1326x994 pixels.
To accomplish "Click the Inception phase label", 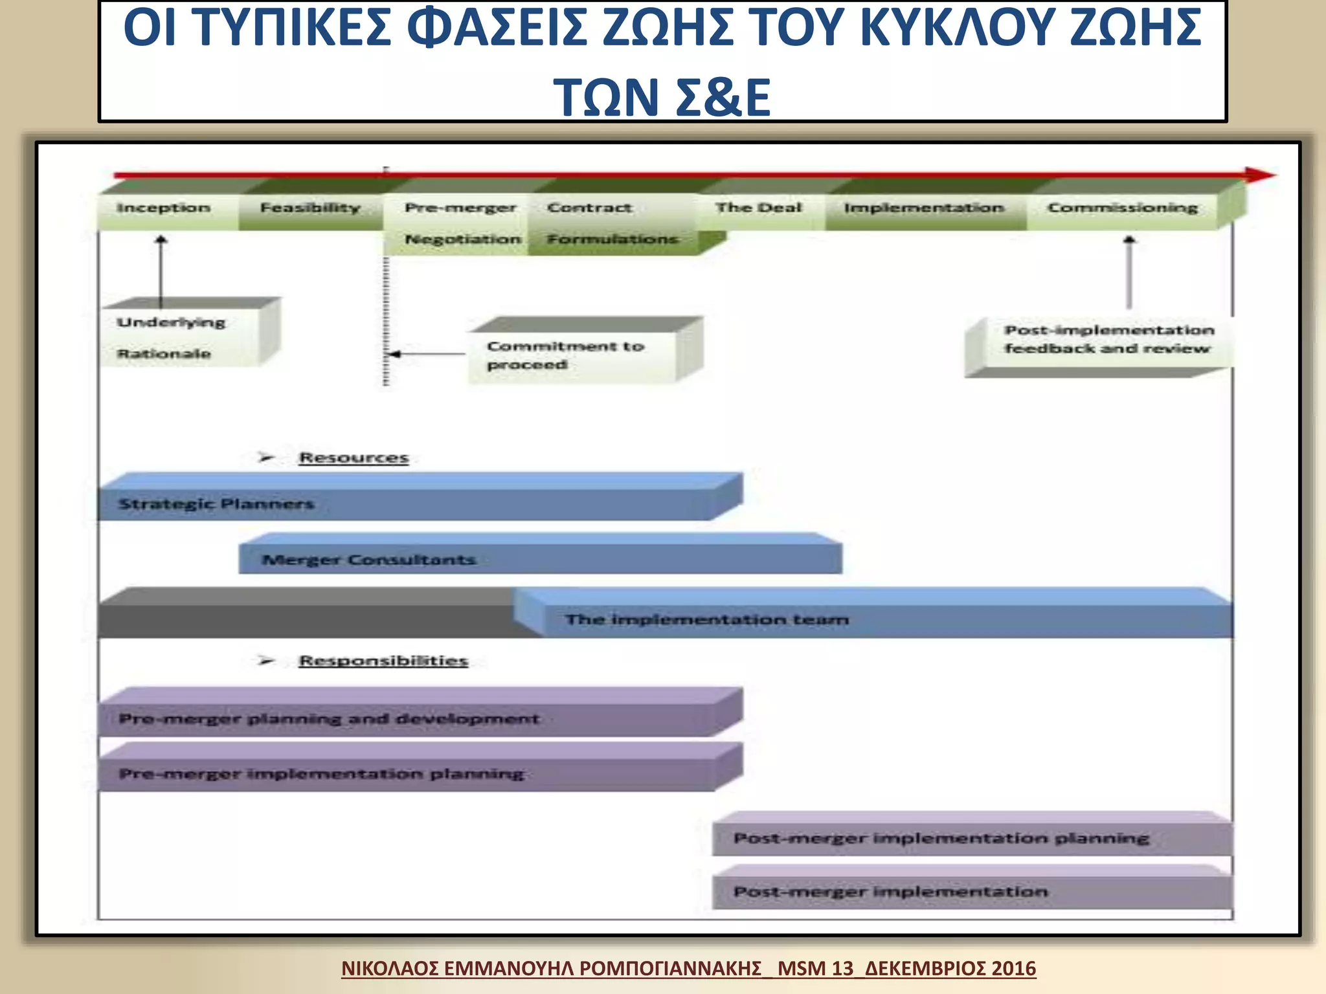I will click(x=163, y=208).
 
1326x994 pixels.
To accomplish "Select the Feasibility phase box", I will click(x=309, y=208).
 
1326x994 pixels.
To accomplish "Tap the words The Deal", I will click(x=758, y=208).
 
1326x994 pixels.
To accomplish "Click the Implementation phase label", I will click(x=924, y=208).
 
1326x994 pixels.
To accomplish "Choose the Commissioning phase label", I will click(x=1123, y=208).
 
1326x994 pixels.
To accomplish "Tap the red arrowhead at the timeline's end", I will click(x=1259, y=175).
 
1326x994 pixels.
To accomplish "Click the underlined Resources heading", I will click(x=354, y=458).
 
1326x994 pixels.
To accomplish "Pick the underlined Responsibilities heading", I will click(x=383, y=661).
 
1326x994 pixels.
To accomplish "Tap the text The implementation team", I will click(x=706, y=619).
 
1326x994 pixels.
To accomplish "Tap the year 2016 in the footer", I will click(x=1013, y=968).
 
